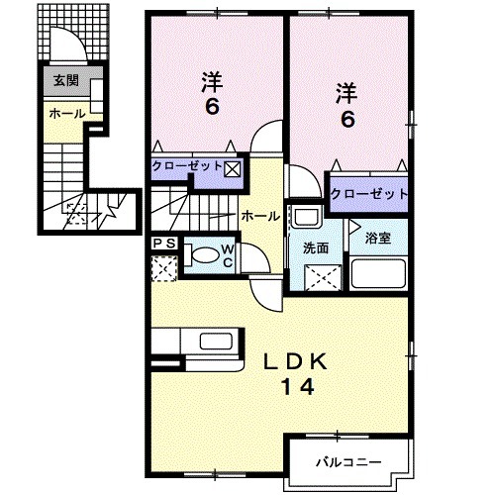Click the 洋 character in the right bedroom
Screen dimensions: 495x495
click(x=346, y=93)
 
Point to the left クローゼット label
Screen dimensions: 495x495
click(x=188, y=167)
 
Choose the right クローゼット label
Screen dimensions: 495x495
click(x=369, y=193)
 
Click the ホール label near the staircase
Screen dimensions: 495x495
click(x=258, y=215)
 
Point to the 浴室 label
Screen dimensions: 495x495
click(x=377, y=238)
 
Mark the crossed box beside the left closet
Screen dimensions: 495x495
click(x=232, y=167)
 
